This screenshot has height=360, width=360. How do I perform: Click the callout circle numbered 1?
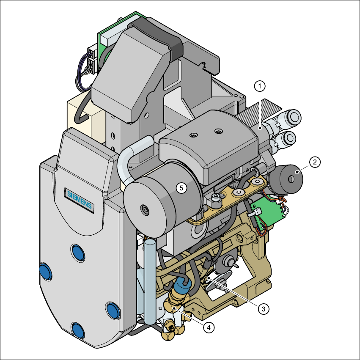click(x=260, y=86)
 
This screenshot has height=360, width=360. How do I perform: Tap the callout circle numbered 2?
click(x=315, y=162)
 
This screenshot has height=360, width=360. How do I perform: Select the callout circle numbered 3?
click(x=264, y=309)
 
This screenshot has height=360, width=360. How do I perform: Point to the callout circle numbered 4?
click(x=209, y=327)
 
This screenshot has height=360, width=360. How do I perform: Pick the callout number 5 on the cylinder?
click(x=181, y=188)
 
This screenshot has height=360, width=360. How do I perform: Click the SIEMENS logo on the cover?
click(x=79, y=200)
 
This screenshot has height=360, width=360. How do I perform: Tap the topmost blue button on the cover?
click(x=78, y=253)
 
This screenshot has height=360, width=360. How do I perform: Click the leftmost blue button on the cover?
click(x=45, y=272)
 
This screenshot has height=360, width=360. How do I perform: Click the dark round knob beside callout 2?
click(x=288, y=179)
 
